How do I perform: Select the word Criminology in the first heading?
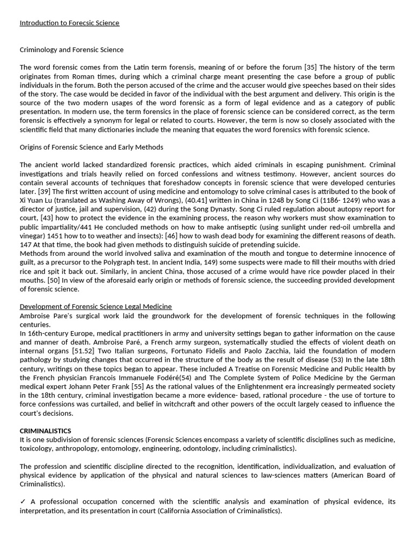[38, 50]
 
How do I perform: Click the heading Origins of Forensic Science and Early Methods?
[91, 147]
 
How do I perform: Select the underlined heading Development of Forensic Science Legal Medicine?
[96, 307]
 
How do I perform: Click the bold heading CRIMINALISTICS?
[45, 430]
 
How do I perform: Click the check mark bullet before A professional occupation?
[22, 502]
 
